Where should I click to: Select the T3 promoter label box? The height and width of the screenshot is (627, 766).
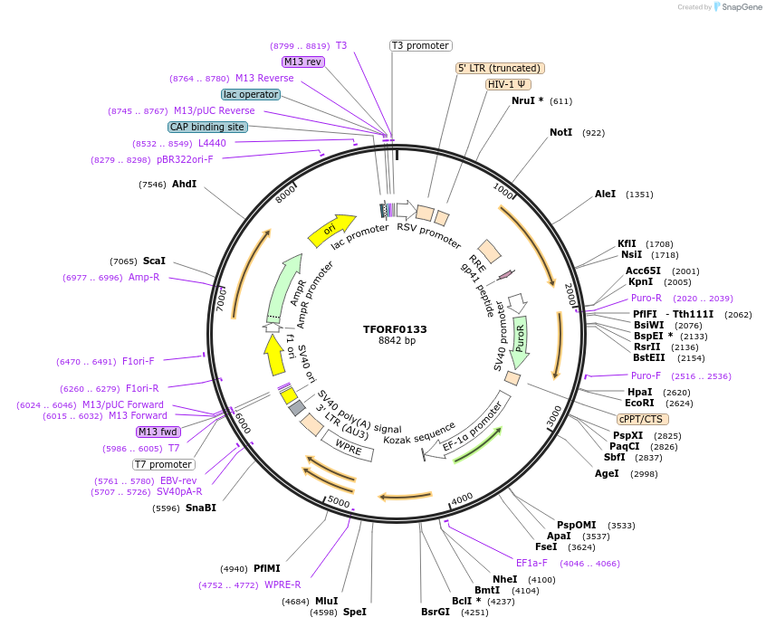point(421,45)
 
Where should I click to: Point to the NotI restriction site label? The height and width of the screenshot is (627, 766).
point(561,133)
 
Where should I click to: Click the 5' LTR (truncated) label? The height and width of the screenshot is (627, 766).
point(499,68)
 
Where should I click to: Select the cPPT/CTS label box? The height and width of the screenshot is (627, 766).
point(640,419)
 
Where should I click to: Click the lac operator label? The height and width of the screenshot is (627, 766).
point(251,94)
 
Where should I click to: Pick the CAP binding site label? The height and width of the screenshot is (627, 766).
point(207,127)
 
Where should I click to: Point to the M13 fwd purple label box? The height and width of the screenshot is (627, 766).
point(158,432)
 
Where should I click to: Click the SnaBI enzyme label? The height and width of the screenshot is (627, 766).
point(201,508)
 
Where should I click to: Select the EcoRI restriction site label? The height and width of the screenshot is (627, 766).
point(640,403)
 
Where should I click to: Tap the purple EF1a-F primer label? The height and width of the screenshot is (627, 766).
point(531,563)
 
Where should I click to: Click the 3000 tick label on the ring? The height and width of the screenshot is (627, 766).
point(554,414)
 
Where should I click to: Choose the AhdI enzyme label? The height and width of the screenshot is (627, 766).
point(185,184)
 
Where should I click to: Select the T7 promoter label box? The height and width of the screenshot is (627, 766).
point(163,464)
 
